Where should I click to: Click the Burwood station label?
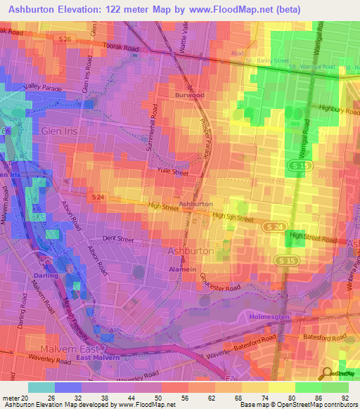tap(190, 93)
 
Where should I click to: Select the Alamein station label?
tap(183, 268)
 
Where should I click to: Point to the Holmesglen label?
tap(269, 316)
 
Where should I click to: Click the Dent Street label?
tap(118, 239)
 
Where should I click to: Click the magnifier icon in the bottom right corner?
tap(327, 373)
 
